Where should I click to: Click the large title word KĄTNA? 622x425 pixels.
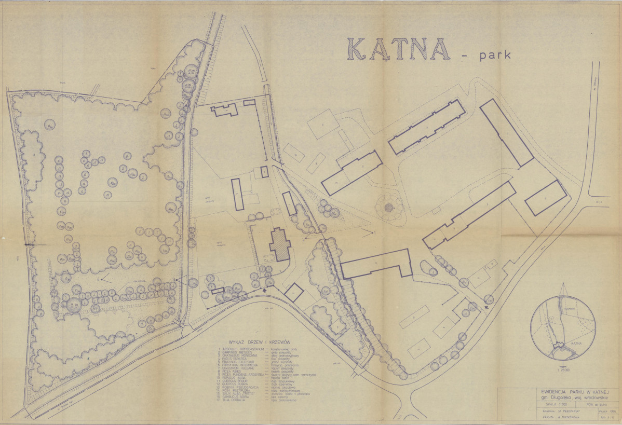click(398, 49)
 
